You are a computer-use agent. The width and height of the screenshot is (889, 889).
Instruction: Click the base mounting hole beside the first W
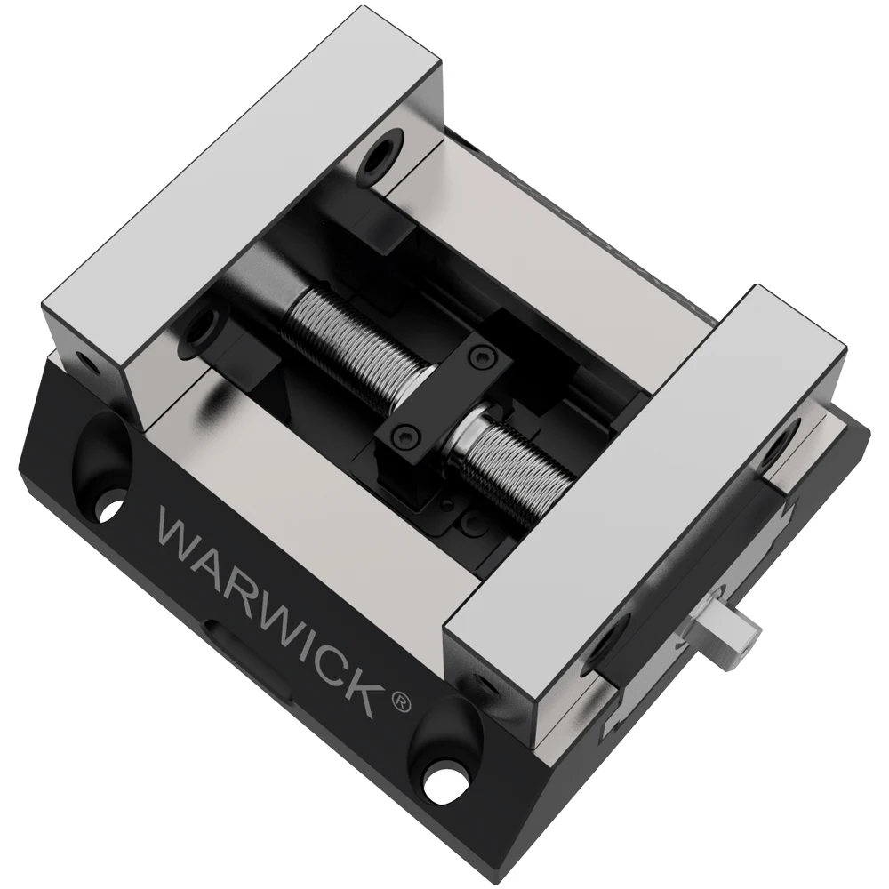point(108,511)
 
